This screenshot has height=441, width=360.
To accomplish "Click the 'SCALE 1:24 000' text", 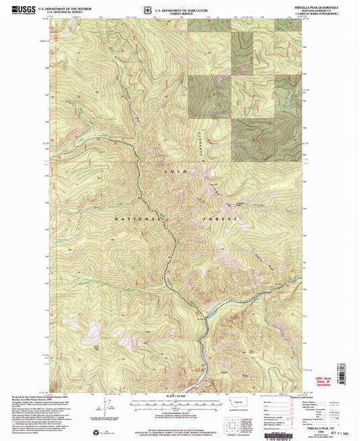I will coord(180,396).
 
